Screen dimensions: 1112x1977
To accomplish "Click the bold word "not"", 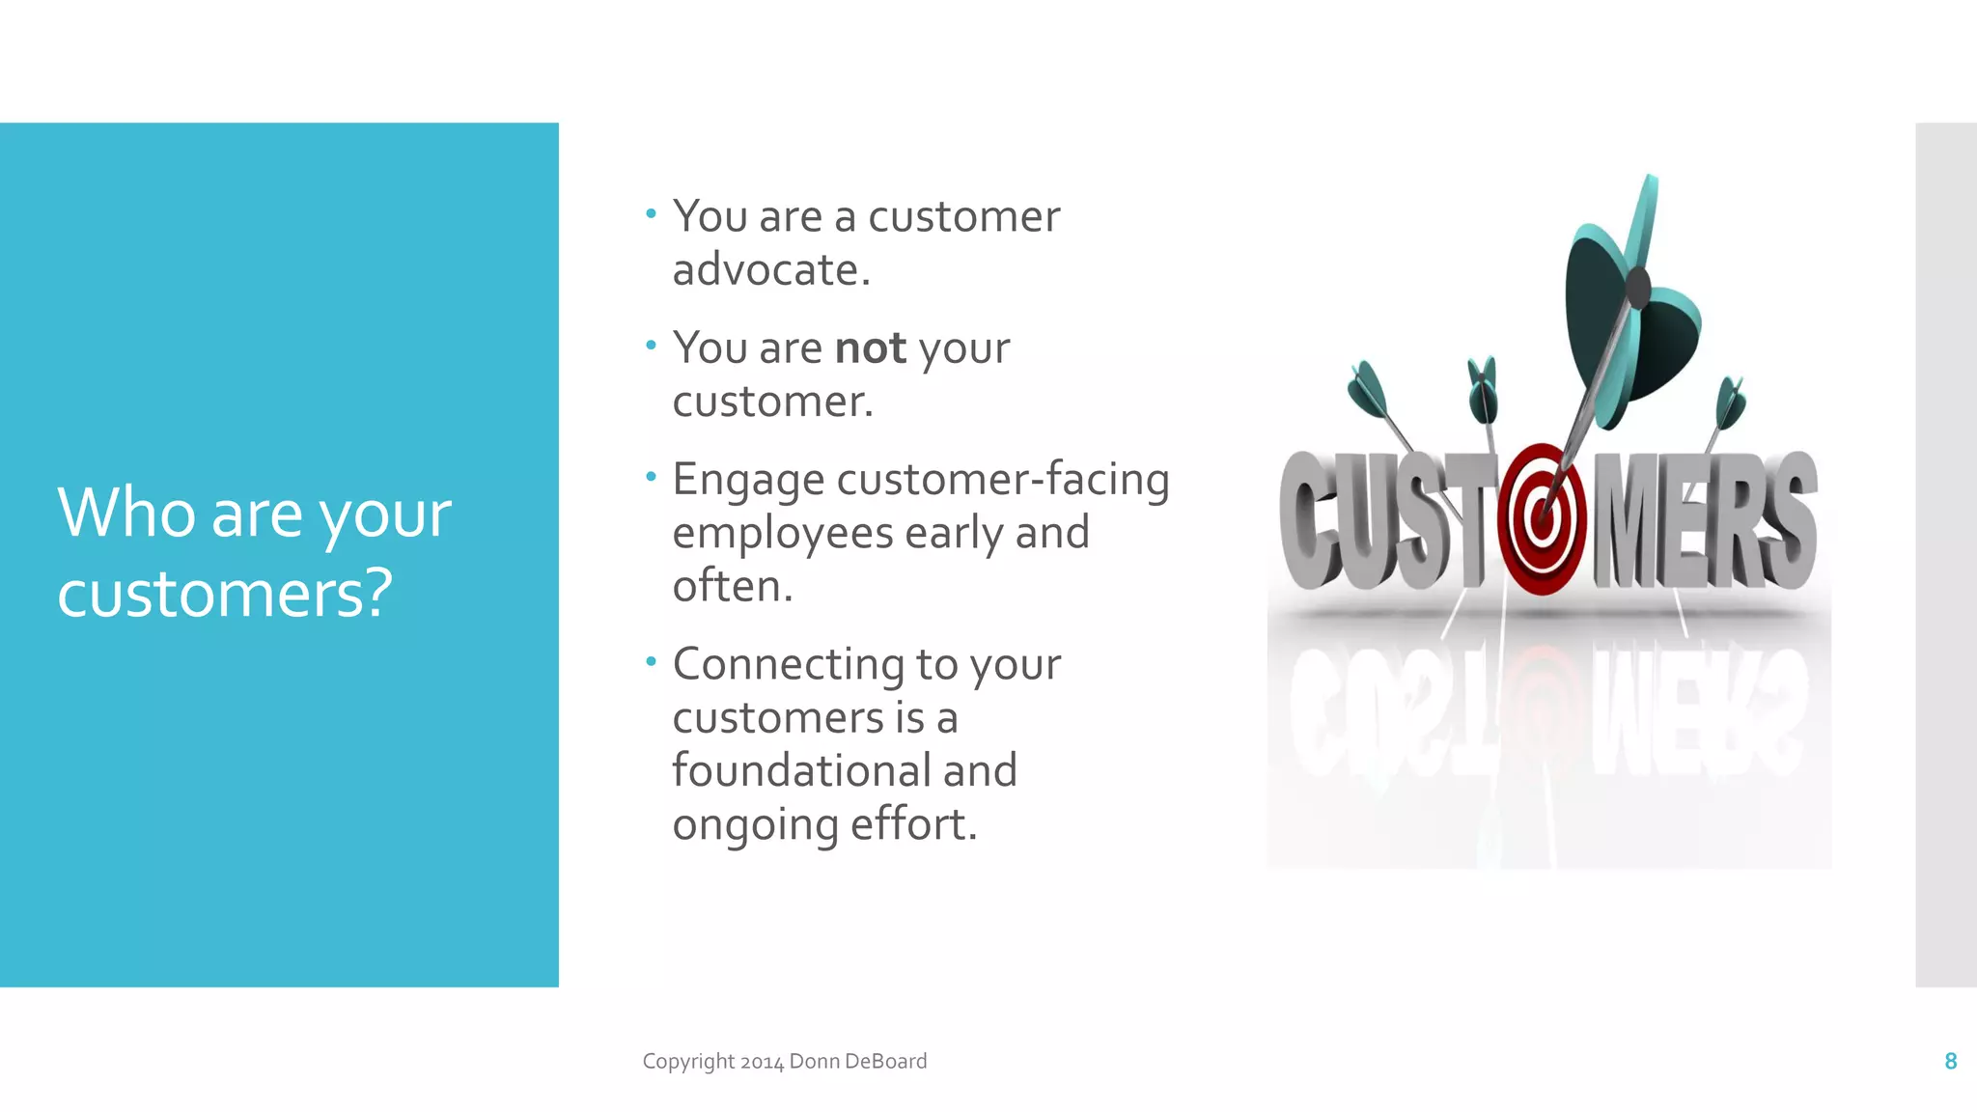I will [871, 348].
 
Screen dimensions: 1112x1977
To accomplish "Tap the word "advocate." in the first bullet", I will [771, 270].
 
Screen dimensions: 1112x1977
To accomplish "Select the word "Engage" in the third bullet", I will [748, 481].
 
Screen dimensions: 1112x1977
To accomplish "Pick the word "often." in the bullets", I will [733, 586].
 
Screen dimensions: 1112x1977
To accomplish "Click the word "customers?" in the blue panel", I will [225, 593].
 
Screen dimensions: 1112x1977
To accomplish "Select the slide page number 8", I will [1950, 1062].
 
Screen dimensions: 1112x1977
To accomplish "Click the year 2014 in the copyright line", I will [762, 1062].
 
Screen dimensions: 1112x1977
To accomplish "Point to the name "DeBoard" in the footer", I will [885, 1062].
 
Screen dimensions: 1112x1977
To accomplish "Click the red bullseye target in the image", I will [1542, 519].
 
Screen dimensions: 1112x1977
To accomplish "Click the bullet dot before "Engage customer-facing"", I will [652, 476].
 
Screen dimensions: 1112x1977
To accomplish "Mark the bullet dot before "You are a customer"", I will [652, 213].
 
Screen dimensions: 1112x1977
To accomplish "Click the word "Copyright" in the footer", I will [688, 1062].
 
